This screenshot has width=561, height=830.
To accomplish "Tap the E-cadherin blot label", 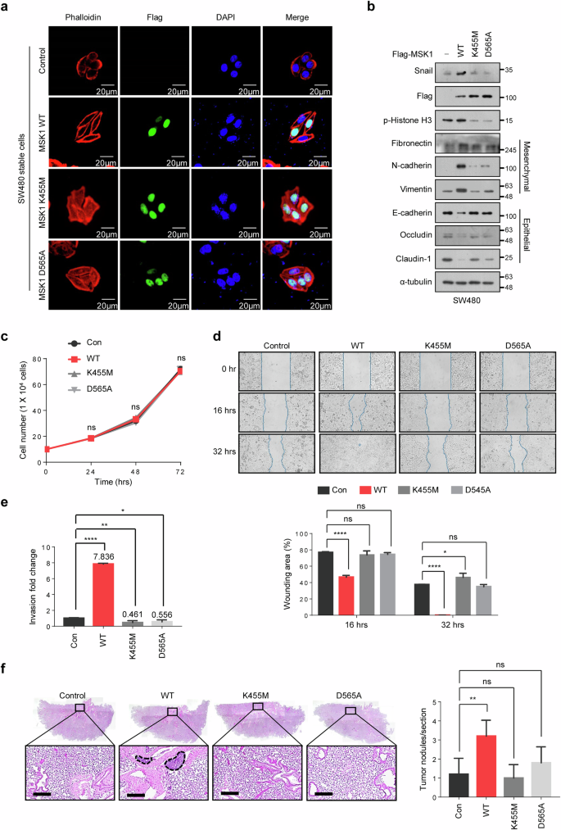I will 391,216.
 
